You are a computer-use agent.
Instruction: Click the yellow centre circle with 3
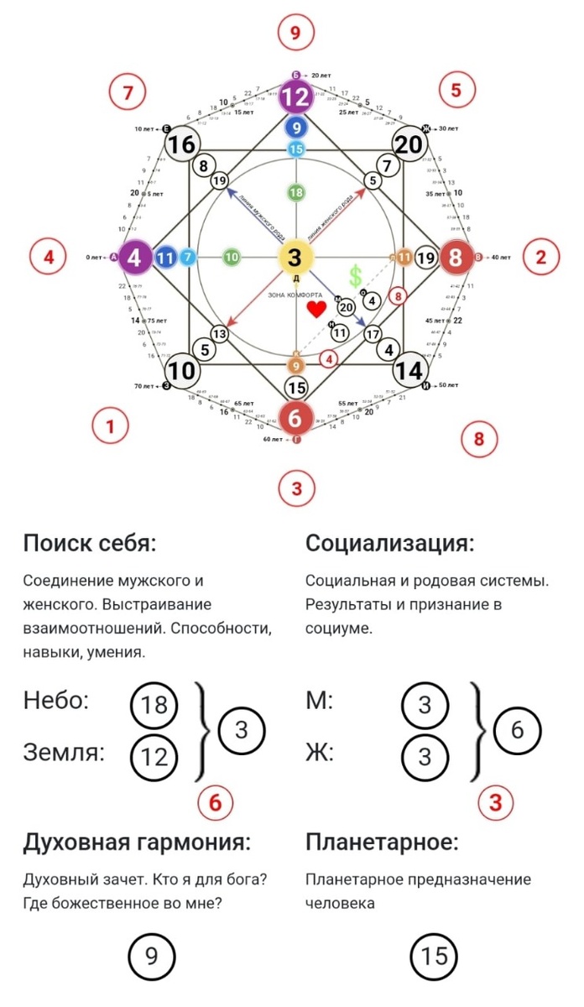click(x=295, y=258)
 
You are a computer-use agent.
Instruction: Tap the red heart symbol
click(x=316, y=309)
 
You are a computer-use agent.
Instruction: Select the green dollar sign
click(x=356, y=276)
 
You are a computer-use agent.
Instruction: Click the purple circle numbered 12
click(x=295, y=97)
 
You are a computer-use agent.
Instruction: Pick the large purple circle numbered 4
click(x=137, y=258)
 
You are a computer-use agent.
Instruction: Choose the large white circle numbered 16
click(x=181, y=145)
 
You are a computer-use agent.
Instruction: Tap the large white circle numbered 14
click(x=409, y=370)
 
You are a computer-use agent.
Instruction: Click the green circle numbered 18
click(x=295, y=193)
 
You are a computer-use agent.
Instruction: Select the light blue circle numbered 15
click(x=295, y=149)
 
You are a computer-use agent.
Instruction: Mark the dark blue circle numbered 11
click(x=165, y=258)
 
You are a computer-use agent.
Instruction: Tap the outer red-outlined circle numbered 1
click(x=109, y=426)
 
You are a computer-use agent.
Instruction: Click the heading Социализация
click(x=390, y=543)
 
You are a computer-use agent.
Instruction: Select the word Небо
click(x=55, y=702)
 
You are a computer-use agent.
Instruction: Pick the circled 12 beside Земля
click(x=154, y=756)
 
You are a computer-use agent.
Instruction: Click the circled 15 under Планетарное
click(x=434, y=956)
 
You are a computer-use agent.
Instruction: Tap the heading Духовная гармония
click(x=137, y=842)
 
